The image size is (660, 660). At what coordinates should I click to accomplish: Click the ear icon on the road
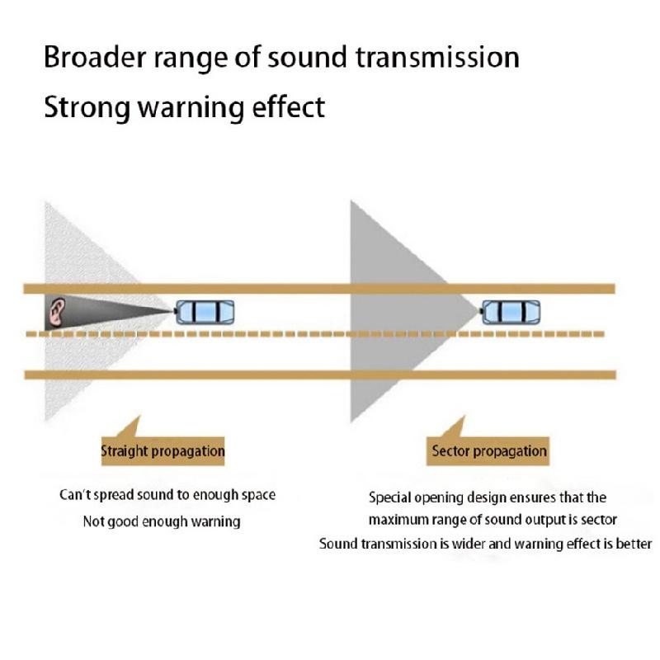point(56,313)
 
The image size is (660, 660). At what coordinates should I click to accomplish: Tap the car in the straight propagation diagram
point(205,313)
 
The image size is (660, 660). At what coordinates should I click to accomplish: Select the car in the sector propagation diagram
point(510,313)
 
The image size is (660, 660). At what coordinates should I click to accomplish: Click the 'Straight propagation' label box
point(163,450)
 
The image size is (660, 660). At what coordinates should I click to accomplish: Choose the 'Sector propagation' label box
point(488,450)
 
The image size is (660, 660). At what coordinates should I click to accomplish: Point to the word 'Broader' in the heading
point(95,57)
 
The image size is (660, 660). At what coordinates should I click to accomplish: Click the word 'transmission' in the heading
point(438,57)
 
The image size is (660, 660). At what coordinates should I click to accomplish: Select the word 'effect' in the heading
point(288,106)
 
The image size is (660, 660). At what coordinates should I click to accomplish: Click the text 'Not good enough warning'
point(162,521)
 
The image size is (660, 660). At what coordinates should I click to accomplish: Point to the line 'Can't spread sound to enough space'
point(167,494)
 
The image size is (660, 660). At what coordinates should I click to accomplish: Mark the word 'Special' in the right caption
point(389,497)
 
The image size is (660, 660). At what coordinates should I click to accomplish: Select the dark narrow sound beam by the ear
point(110,313)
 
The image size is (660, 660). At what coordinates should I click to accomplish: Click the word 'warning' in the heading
point(191,108)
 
